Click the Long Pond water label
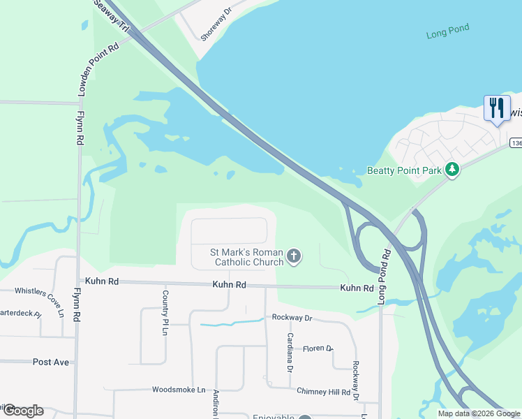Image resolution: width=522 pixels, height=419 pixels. pos(447,31)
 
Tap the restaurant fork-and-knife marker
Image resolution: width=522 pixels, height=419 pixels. pos(496,108)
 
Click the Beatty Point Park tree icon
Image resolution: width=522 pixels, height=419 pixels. pos(452,169)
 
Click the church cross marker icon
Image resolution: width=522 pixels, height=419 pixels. pos(294,256)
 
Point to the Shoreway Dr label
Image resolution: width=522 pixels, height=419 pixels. pos(216,24)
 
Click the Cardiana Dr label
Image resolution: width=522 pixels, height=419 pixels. pos(290,347)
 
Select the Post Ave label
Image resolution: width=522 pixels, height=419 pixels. pos(51,362)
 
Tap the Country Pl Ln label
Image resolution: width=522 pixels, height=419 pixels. pos(165,311)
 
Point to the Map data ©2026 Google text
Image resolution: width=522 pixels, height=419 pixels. pos(478,413)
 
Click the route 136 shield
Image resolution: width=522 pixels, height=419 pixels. pos(516,143)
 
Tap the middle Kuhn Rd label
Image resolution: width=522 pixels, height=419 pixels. pos(230,285)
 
